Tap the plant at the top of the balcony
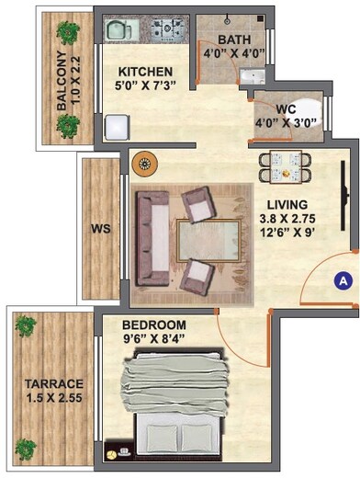tap(67, 33)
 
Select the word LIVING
tap(281, 205)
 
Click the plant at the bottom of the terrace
tap(26, 450)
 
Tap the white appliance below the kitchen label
tap(117, 125)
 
